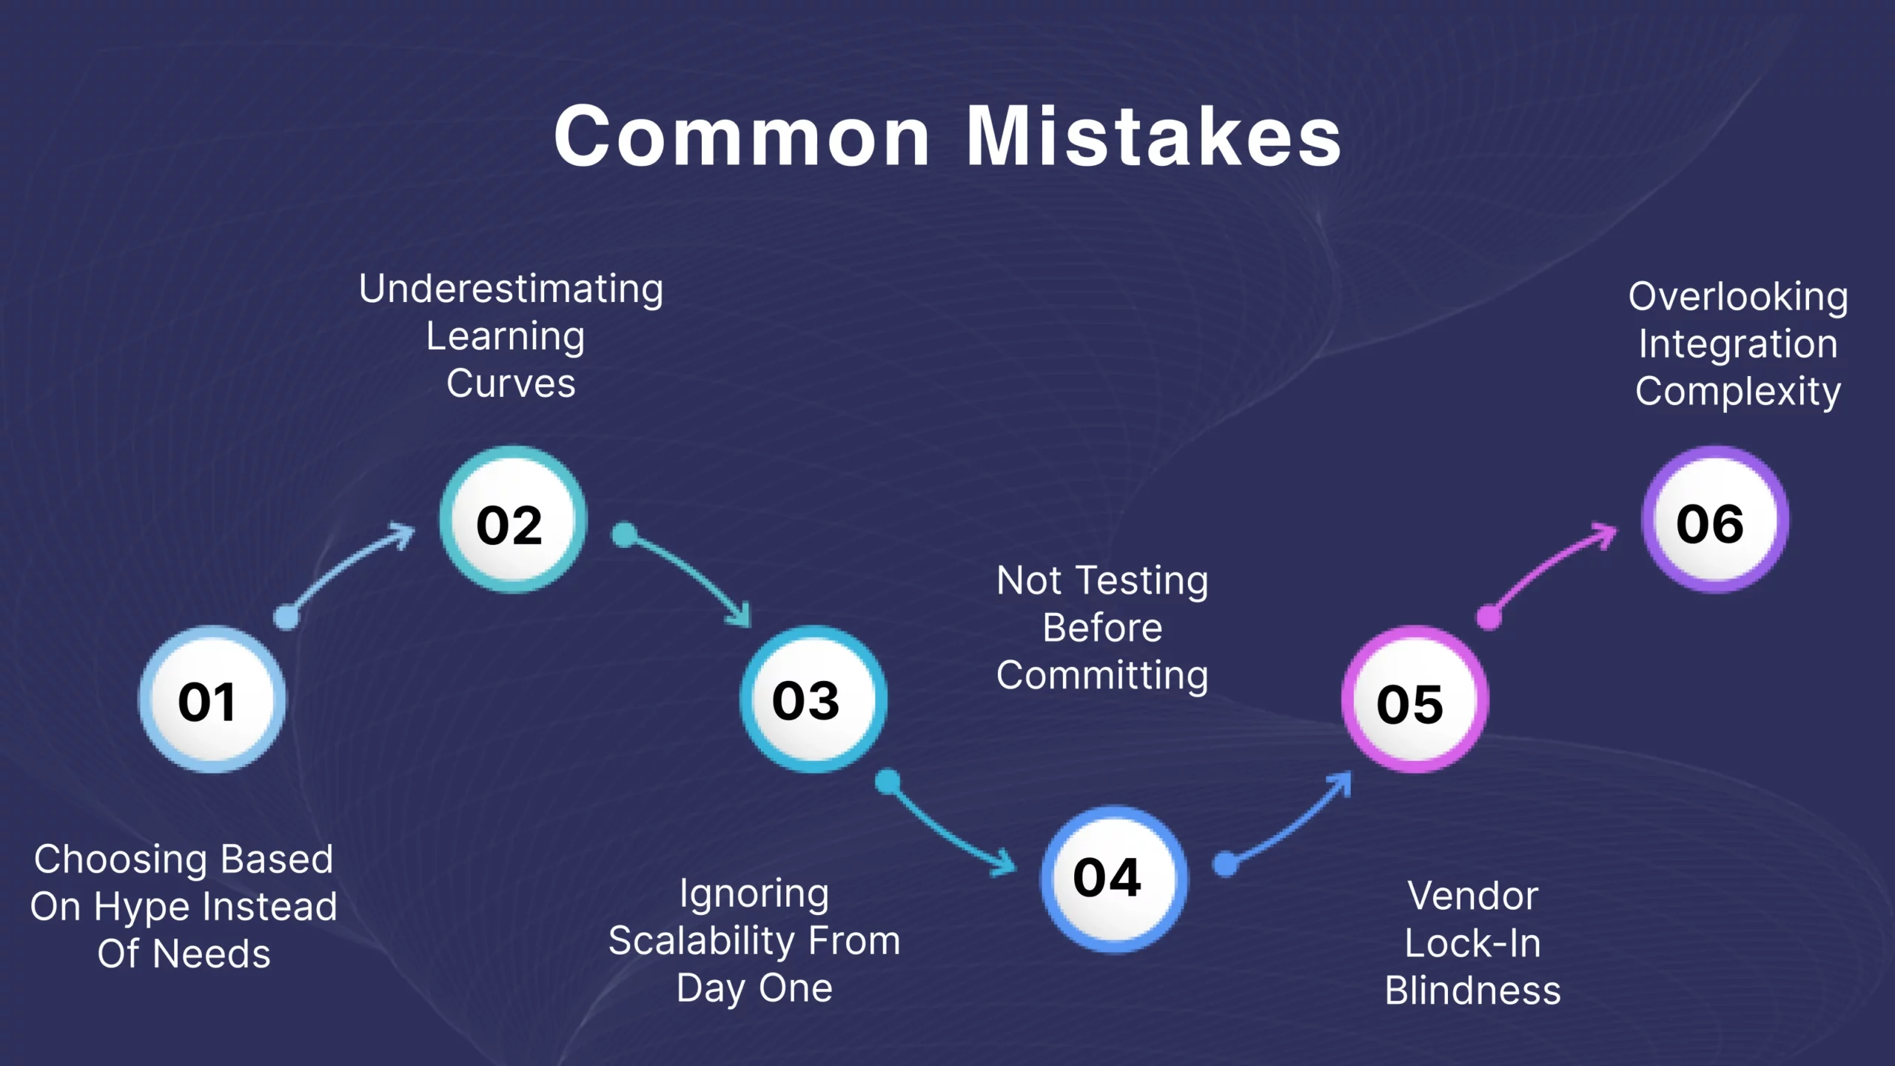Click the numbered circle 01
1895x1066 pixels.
(x=212, y=700)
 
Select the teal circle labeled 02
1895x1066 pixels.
(x=513, y=520)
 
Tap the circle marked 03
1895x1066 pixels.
(x=813, y=700)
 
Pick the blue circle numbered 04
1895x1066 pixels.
(x=1114, y=879)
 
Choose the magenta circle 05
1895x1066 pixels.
(x=1415, y=700)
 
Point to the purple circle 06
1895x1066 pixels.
(x=1714, y=520)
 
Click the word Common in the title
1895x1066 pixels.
(x=742, y=136)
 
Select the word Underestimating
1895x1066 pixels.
(x=511, y=289)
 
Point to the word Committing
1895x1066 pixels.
(x=1102, y=675)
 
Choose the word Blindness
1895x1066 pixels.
(x=1472, y=990)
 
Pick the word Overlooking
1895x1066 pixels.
(x=1738, y=297)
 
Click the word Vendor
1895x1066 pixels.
(x=1472, y=896)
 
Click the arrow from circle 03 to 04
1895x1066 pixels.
(x=947, y=829)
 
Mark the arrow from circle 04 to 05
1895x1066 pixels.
(x=1288, y=822)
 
